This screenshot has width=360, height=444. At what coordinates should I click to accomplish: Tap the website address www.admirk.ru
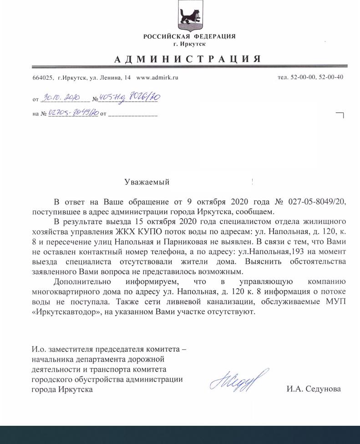157,77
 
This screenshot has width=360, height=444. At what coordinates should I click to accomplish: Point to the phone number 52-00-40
330,77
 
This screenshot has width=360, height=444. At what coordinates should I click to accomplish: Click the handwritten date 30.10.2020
61,98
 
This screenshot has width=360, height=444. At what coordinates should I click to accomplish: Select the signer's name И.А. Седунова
313,389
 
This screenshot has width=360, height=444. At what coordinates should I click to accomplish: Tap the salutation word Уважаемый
147,182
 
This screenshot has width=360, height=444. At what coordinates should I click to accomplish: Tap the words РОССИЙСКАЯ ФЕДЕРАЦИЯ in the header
189,36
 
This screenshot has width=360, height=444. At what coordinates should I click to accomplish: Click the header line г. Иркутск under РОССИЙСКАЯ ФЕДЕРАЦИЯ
189,44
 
